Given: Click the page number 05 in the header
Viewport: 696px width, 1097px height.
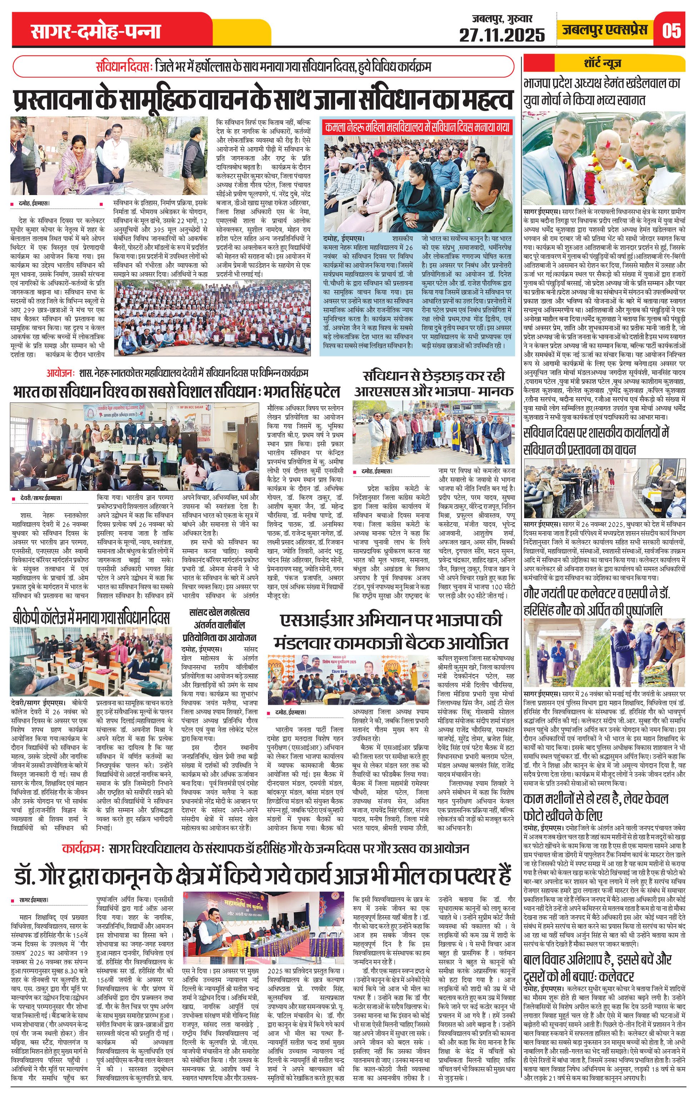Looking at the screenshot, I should coord(671,30).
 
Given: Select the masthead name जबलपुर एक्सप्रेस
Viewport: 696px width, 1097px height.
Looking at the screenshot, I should coord(605,30).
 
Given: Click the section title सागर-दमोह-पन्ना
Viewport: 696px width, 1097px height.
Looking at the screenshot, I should coord(96,31).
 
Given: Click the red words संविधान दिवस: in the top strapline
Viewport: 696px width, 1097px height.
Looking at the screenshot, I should coord(124,66).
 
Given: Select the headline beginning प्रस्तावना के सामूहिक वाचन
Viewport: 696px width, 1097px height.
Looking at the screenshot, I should coord(263,99).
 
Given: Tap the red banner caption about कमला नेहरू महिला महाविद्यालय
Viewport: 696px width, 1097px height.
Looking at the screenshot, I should coord(417,127).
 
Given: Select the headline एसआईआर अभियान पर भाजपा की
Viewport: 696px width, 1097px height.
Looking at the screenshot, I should coord(391,620).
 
